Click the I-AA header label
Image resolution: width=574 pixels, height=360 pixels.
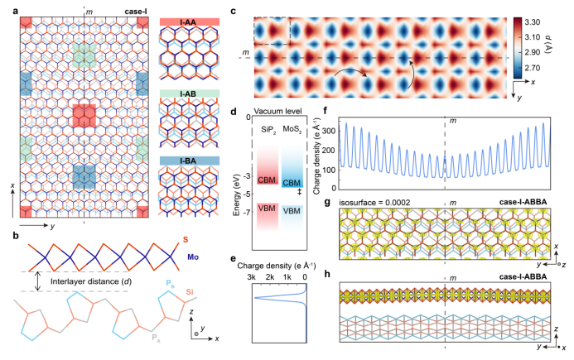point(190,22)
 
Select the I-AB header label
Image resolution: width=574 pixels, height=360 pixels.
point(190,94)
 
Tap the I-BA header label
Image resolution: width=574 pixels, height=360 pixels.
point(190,161)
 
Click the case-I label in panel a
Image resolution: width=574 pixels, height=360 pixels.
point(136,12)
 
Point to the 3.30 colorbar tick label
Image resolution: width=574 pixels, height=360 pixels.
point(532,22)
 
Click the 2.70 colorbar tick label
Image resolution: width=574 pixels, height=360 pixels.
point(532,68)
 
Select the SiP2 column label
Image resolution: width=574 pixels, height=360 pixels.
point(268,130)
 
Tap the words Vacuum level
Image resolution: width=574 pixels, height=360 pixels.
point(277,111)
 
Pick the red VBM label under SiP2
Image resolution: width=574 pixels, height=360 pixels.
point(267,209)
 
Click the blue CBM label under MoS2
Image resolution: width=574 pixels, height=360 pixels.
point(292,183)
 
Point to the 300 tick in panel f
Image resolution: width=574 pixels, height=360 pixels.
point(330,131)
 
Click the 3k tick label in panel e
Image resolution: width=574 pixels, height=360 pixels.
point(251,277)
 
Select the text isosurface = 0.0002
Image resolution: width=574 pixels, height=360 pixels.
point(375,202)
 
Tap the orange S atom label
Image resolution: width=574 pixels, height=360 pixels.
point(186,240)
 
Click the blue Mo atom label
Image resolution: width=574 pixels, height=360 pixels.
point(193,257)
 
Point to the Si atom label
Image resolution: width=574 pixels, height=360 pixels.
point(189,291)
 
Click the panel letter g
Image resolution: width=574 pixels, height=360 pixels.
point(327,202)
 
